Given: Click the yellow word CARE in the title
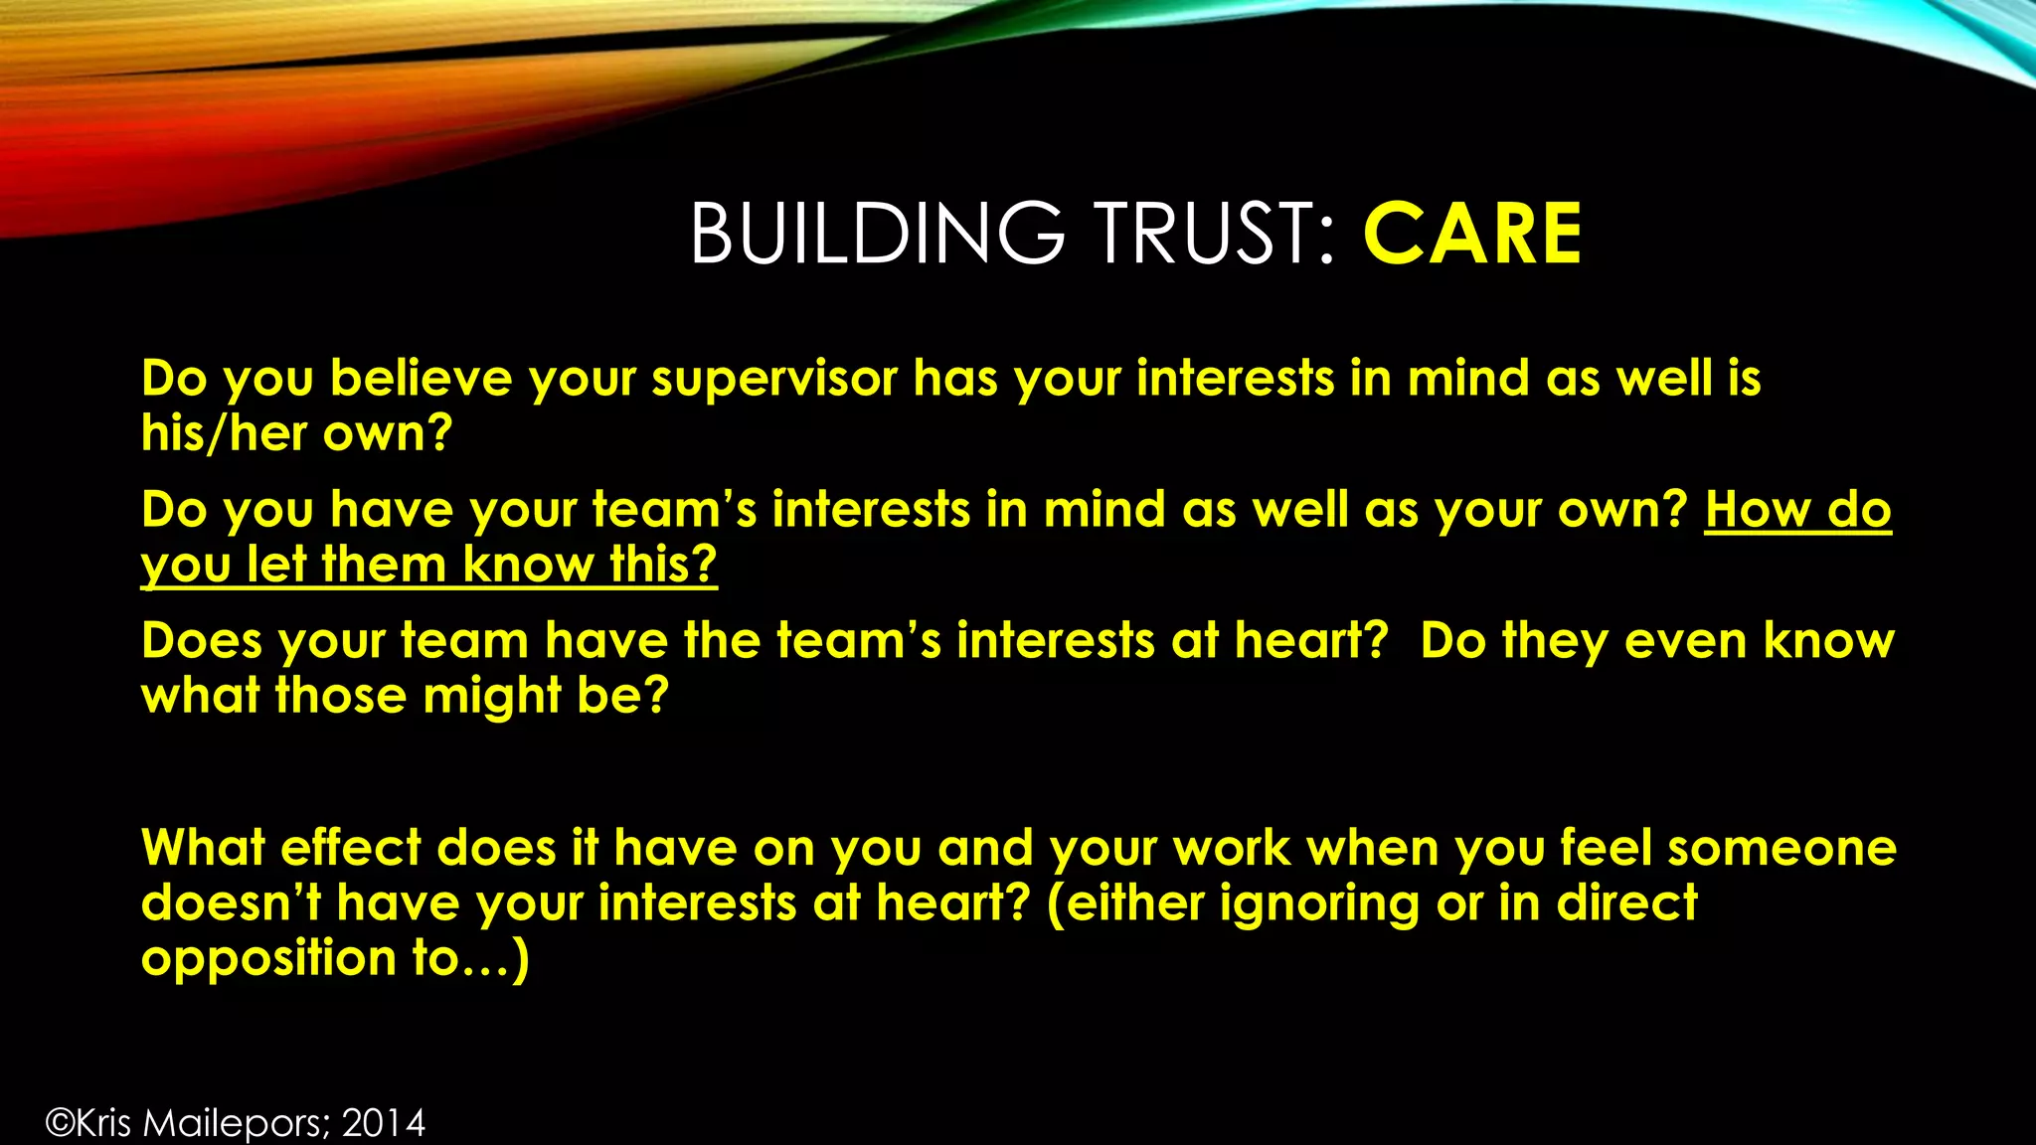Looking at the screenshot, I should click(x=1471, y=234).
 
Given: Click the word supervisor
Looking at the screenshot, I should click(x=774, y=380).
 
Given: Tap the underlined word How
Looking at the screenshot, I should click(x=1757, y=510).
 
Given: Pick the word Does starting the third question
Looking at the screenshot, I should click(x=202, y=641).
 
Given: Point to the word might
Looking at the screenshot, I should click(x=492, y=696).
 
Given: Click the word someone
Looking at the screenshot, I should click(x=1781, y=849).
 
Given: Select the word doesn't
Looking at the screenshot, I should click(x=231, y=903).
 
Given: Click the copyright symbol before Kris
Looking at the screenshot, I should click(x=60, y=1123).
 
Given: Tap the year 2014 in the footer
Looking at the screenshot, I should click(x=384, y=1123).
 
